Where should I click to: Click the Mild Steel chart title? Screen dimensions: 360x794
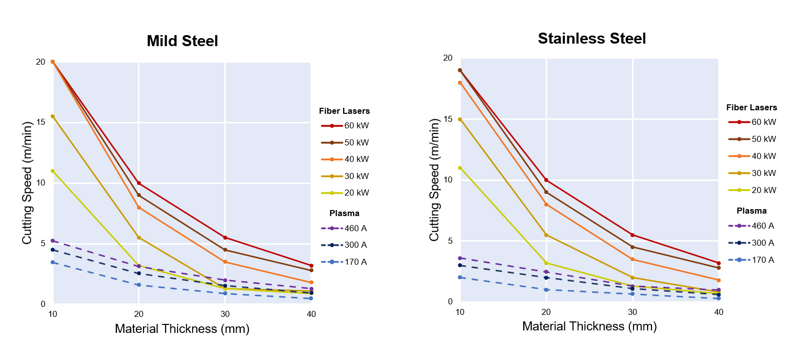tap(182, 41)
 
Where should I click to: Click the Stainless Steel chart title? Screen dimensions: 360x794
tap(591, 39)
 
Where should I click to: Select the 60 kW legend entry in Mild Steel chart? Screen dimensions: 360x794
tap(345, 126)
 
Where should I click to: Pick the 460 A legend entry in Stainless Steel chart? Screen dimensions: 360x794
tap(752, 226)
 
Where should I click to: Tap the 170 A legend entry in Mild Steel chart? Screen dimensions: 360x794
tap(345, 262)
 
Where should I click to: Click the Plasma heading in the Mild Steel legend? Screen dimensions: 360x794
tap(344, 213)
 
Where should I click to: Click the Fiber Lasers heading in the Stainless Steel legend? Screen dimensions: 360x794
tap(751, 107)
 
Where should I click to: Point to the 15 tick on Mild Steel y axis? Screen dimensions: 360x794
tap(41, 122)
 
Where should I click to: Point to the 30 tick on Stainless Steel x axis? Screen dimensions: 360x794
tap(632, 312)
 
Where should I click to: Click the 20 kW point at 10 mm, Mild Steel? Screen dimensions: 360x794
tap(53, 171)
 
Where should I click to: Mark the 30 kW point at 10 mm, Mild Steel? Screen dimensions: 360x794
tap(53, 116)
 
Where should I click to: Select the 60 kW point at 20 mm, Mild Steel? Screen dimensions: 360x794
tap(139, 183)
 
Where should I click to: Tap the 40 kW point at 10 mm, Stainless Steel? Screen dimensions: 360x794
tap(460, 83)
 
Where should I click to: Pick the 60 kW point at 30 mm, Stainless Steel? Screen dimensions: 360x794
tap(632, 235)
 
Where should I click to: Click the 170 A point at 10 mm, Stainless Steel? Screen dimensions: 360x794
tap(460, 277)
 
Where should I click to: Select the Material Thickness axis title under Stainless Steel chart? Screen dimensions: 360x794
tap(589, 326)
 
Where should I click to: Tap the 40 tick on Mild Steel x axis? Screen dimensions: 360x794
tap(311, 314)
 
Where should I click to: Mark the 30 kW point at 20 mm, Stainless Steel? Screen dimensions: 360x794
tap(546, 235)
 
